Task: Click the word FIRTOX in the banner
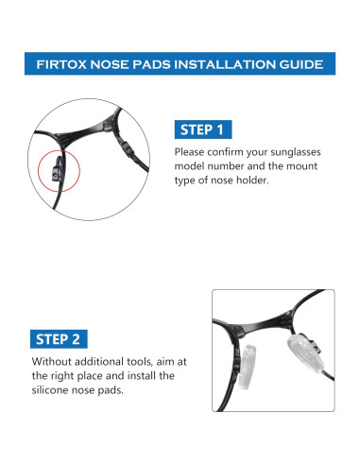61,64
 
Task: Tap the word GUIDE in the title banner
300,64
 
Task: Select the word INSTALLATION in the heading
225,64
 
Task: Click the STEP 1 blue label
203,129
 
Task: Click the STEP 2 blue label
59,339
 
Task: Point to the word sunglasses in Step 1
296,152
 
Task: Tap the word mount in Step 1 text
302,166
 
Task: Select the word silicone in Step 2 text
50,390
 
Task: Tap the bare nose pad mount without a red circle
127,148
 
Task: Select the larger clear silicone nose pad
305,353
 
